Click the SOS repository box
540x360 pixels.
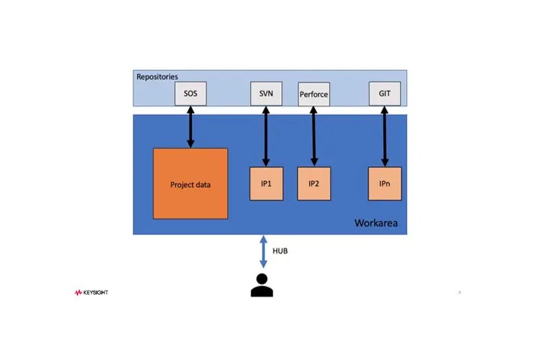[190, 94]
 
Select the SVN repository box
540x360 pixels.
[266, 94]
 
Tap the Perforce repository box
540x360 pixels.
[313, 94]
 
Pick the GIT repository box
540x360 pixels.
[384, 94]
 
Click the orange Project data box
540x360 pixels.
[190, 184]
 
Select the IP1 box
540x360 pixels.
[266, 184]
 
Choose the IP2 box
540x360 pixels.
[313, 184]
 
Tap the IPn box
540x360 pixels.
[384, 184]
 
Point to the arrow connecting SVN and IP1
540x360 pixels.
[266, 136]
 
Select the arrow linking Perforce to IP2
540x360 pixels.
[313, 136]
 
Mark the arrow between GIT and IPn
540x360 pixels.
[384, 136]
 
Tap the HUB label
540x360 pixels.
[280, 251]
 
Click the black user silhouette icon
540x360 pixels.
[261, 285]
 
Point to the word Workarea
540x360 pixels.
[376, 224]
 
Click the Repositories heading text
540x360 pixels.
[156, 76]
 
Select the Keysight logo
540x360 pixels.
[91, 293]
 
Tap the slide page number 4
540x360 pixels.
[460, 293]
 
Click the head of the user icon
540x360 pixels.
[261, 278]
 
